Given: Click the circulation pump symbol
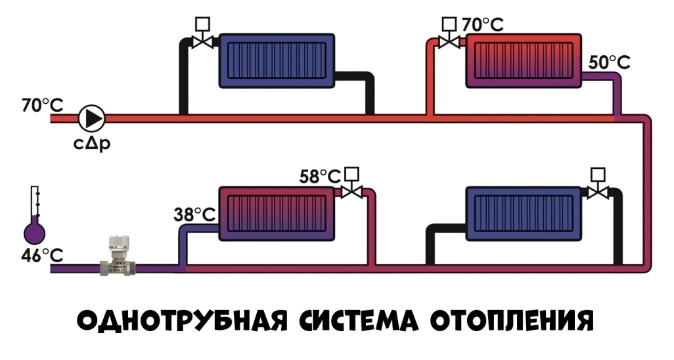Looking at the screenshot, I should pyautogui.click(x=92, y=119).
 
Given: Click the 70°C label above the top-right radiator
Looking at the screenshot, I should pyautogui.click(x=483, y=26).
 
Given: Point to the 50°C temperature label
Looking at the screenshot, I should pyautogui.click(x=609, y=62).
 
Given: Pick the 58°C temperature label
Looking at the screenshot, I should pyautogui.click(x=321, y=177).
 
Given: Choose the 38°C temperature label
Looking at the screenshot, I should pyautogui.click(x=194, y=214).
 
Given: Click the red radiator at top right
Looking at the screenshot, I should pyautogui.click(x=524, y=60).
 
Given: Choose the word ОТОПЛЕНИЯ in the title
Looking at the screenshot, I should pyautogui.click(x=512, y=321).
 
